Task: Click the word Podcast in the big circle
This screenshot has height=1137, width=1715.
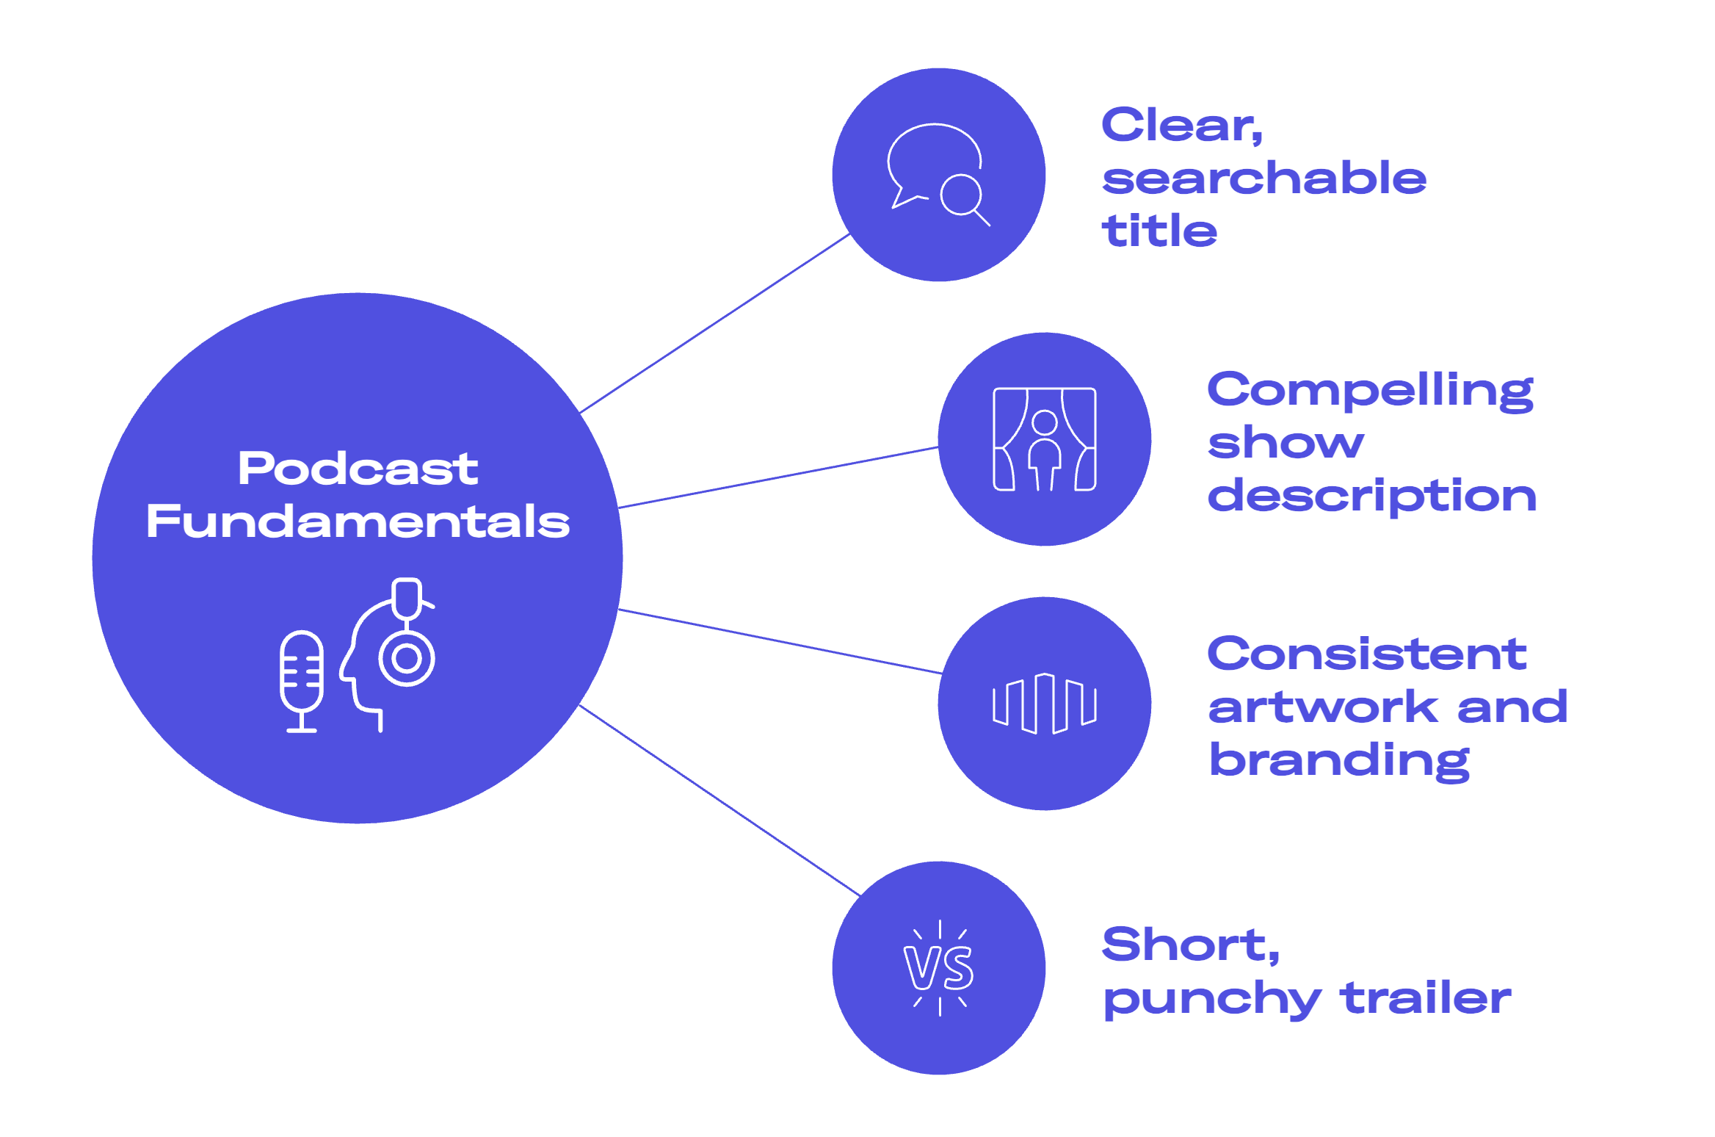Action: point(358,469)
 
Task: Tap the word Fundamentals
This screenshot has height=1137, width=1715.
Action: point(358,521)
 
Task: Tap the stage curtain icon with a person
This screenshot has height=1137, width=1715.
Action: point(1045,439)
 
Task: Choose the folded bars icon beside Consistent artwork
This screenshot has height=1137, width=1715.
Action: point(1045,704)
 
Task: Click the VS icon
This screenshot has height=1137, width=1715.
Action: point(940,967)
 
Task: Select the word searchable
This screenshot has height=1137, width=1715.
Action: point(1264,178)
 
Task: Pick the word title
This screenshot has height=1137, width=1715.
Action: point(1159,231)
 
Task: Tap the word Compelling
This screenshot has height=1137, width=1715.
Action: point(1370,390)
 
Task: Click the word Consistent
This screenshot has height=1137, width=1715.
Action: point(1367,654)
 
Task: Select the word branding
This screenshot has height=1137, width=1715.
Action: point(1340,761)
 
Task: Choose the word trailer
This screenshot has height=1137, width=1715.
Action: point(1425,998)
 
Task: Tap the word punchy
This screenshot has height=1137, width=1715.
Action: point(1212,1000)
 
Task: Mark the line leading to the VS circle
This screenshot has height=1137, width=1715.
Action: point(719,800)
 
